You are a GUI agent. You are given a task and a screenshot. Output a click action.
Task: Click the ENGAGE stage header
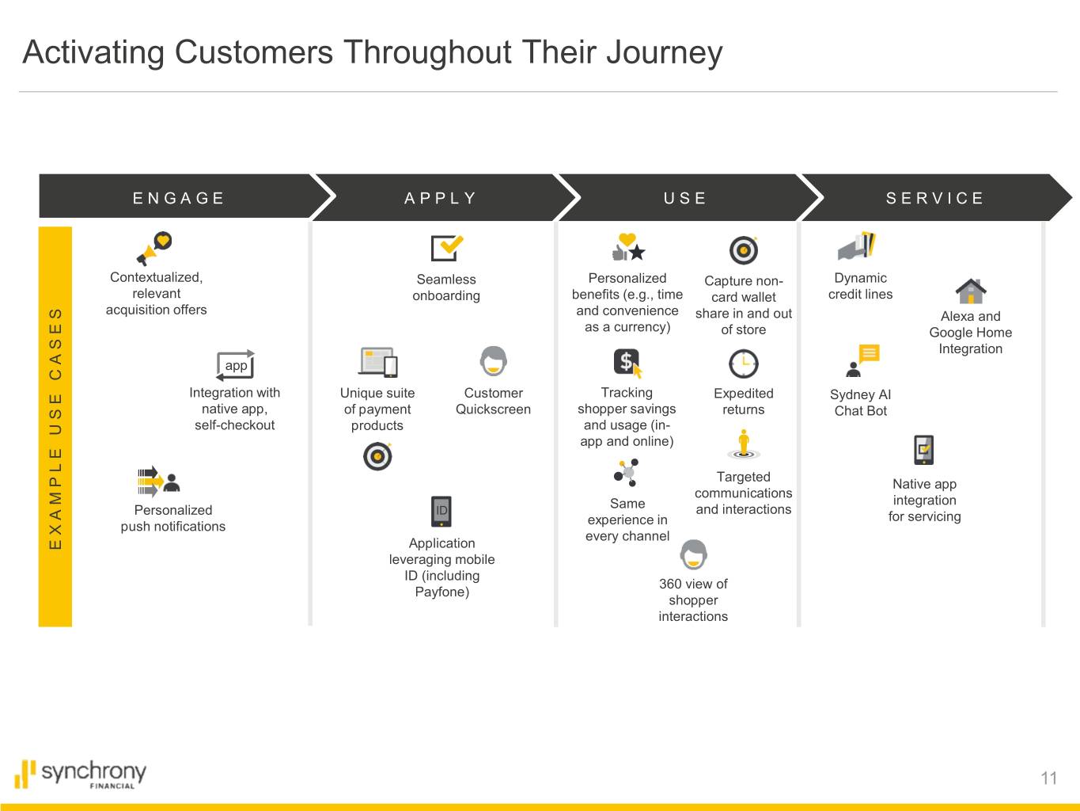pos(179,198)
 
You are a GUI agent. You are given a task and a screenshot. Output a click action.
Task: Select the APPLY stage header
pos(441,198)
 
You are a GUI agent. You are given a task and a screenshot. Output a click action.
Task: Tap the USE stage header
pos(685,198)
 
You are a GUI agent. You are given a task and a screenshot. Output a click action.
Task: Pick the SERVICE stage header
pos(935,198)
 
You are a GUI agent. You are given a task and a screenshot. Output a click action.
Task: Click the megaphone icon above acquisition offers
pos(153,248)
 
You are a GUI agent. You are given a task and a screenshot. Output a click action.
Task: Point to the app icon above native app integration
pos(236,365)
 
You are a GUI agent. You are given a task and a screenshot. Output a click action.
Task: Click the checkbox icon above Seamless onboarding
pos(446,248)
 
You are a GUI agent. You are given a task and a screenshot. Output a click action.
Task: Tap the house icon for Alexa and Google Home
pos(970,291)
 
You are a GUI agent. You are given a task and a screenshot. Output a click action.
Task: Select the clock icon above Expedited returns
pos(743,364)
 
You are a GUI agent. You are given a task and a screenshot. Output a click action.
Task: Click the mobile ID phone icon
pos(441,511)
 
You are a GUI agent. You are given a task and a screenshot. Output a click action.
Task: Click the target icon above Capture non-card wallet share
pos(743,250)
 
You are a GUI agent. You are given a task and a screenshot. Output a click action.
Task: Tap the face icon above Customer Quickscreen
pos(493,361)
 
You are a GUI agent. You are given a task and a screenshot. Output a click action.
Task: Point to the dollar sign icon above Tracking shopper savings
pos(627,363)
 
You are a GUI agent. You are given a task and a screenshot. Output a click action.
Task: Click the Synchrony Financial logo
pos(81,774)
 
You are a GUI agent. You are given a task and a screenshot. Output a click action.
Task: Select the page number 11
pos(1048,778)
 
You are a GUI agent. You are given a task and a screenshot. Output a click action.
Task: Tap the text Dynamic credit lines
pos(860,286)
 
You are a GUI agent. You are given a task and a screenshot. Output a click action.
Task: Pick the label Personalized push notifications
pos(172,518)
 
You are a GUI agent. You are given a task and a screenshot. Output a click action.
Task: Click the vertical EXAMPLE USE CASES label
pos(55,428)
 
